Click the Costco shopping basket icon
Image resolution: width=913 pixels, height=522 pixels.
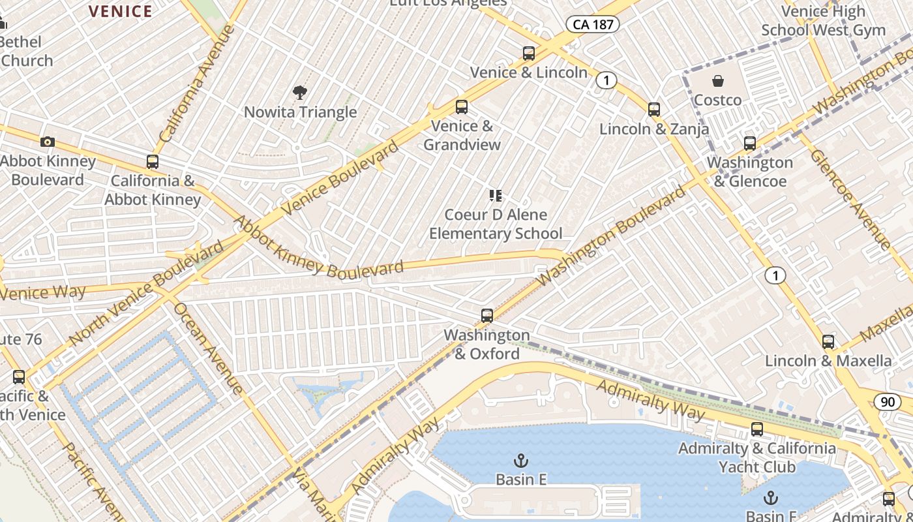pos(717,82)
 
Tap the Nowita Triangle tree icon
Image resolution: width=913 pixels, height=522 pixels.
pos(300,93)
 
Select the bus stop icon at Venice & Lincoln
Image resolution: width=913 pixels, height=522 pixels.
pos(529,54)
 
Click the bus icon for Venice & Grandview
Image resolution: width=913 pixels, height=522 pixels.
pos(462,107)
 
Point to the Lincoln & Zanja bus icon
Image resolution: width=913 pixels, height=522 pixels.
pos(654,110)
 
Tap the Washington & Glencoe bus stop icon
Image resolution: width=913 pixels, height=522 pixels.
pos(750,144)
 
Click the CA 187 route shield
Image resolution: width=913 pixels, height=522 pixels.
pos(591,25)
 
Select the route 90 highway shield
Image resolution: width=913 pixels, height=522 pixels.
pos(888,402)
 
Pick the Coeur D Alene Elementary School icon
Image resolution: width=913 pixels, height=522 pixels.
pos(496,195)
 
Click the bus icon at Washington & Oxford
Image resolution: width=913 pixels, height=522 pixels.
pos(487,316)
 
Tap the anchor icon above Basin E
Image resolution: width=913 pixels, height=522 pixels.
pos(520,461)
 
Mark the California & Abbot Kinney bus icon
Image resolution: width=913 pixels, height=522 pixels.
pos(153,162)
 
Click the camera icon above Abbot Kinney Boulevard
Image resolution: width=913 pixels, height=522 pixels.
pos(47,142)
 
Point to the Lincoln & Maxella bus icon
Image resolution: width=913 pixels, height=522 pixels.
pos(828,341)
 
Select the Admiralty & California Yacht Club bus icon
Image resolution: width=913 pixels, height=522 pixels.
pos(757,429)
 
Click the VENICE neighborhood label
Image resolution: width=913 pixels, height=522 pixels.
pos(120,11)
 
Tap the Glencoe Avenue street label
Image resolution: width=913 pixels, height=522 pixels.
pos(850,200)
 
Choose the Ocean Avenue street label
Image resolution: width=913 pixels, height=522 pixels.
pos(209,349)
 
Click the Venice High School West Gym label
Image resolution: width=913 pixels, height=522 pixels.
pos(823,21)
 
